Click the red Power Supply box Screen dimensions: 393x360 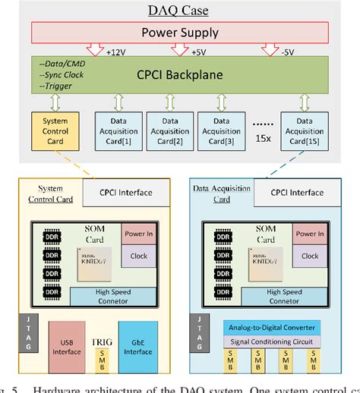(181, 33)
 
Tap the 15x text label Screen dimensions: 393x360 (264, 140)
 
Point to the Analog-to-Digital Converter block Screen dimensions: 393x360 (270, 327)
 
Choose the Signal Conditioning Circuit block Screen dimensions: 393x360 (270, 341)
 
